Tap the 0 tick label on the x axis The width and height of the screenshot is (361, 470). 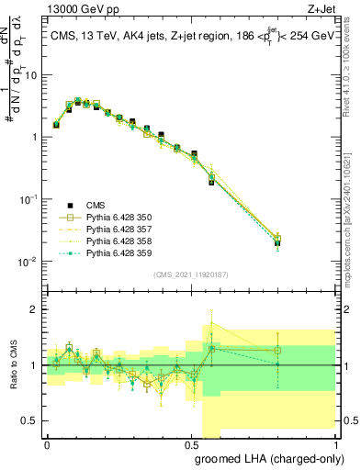click(x=47, y=443)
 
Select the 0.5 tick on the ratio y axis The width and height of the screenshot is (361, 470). click(x=33, y=421)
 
